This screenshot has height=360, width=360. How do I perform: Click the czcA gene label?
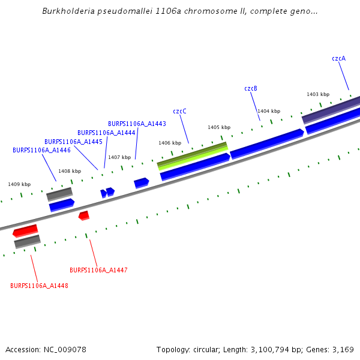click(338, 58)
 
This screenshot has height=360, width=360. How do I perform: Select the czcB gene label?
click(251, 88)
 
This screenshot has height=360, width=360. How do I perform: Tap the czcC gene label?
click(179, 111)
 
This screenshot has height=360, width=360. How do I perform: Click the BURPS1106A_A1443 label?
click(137, 124)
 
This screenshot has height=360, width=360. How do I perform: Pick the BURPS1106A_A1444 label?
click(106, 133)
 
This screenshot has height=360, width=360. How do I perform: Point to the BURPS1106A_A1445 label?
click(73, 142)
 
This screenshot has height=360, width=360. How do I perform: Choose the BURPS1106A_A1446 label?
click(41, 150)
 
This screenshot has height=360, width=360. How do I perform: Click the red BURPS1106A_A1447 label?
click(98, 270)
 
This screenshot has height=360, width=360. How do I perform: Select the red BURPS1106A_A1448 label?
click(39, 286)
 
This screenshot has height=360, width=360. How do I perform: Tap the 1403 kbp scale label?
click(318, 94)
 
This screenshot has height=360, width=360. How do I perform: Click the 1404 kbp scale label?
click(269, 111)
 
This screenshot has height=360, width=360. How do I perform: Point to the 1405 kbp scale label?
click(219, 127)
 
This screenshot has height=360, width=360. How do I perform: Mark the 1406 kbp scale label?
click(170, 143)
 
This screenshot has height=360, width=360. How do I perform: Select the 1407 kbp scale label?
click(119, 157)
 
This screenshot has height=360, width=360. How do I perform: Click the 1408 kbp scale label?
click(70, 171)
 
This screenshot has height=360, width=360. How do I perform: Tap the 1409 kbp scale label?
click(19, 184)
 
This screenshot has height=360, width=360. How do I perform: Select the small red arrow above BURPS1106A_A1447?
click(84, 215)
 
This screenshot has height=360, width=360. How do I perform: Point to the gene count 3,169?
click(342, 349)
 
